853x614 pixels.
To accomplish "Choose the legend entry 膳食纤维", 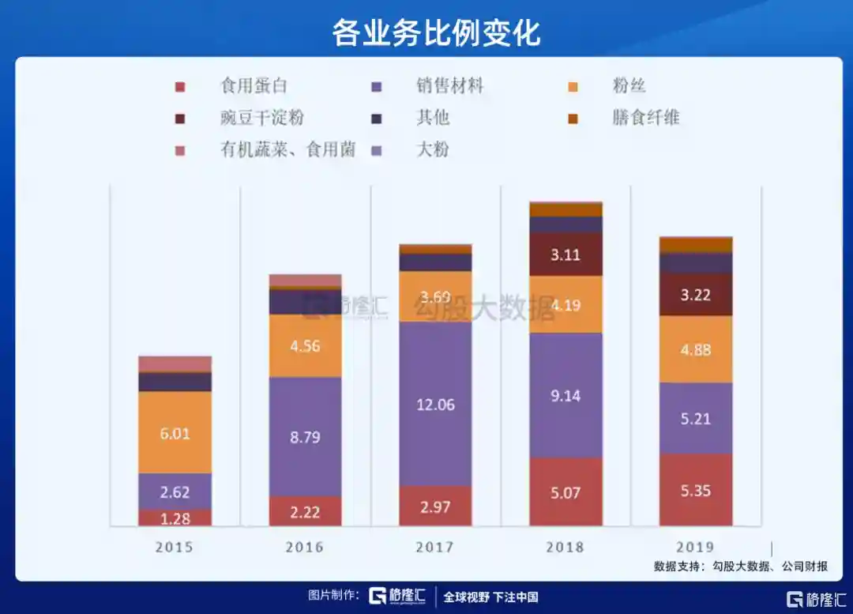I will click(645, 119).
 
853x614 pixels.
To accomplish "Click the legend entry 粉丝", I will click(629, 85).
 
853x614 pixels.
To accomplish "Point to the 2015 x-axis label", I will click(174, 547).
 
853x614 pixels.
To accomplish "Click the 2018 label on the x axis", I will click(565, 547).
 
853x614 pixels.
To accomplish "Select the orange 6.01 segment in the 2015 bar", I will click(175, 432).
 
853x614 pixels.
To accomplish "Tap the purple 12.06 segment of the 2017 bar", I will click(435, 404).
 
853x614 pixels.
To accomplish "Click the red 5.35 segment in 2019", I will click(696, 490).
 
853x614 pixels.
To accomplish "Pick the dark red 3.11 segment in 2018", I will click(566, 254).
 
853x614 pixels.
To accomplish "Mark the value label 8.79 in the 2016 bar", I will click(305, 437).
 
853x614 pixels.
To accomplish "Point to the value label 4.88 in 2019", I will click(696, 350).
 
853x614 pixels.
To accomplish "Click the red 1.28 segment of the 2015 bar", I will click(175, 518).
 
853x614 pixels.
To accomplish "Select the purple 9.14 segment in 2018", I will click(566, 395).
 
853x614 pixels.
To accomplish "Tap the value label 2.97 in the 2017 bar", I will click(435, 507).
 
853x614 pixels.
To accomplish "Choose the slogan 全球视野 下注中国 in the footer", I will click(490, 597).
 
